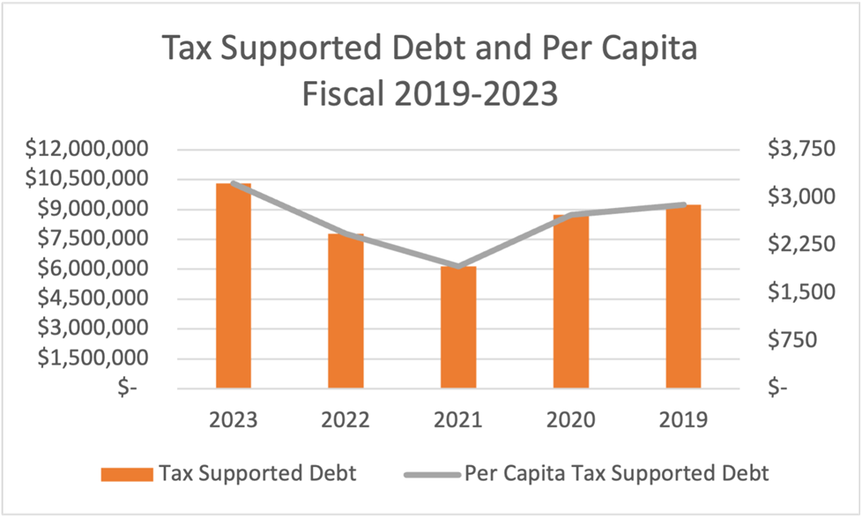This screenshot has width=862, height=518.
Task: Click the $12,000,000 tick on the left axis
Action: [x=85, y=149]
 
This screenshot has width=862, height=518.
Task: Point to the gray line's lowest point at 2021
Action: [x=458, y=266]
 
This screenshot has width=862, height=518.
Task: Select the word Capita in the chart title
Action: [x=640, y=50]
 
